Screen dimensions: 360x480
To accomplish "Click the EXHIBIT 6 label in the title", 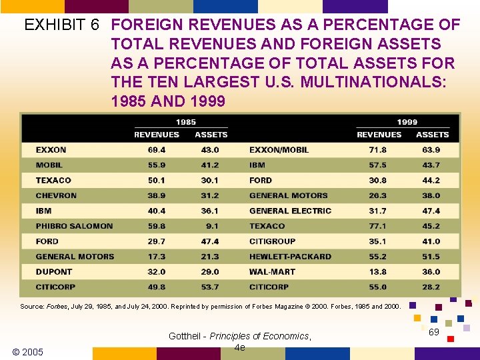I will coord(61,25).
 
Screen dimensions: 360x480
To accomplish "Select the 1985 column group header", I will coord(185,122).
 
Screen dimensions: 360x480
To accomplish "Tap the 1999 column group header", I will coord(407,122).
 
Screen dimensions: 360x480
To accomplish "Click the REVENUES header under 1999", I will coord(379,135).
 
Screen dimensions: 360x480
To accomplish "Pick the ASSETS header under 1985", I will coord(211,135).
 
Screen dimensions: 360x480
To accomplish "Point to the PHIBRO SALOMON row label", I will coord(74,226).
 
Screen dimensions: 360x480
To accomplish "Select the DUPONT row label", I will coord(54,272).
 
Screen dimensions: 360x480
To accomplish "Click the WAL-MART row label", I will coord(272,272).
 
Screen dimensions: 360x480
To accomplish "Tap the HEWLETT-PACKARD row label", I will coord(290,257).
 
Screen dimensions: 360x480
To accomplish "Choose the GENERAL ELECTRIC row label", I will coord(290,211).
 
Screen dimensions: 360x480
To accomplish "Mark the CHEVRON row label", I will coord(56,195).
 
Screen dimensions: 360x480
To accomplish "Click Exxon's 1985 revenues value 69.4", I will coord(157,150).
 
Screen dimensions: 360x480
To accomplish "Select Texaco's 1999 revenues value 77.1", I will coord(378,226).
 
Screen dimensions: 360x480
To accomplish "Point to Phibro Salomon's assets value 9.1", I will coord(212,226).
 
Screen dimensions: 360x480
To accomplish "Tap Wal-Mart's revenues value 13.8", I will coord(378,272).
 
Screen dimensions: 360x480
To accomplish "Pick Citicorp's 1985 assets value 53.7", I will coord(210,287).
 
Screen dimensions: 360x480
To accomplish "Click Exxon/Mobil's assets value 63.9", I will coord(431,150).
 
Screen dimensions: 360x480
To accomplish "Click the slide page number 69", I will coord(434,332).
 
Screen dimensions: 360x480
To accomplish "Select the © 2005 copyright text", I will coord(28,351).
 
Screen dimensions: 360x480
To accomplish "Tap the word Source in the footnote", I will coord(32,306).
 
